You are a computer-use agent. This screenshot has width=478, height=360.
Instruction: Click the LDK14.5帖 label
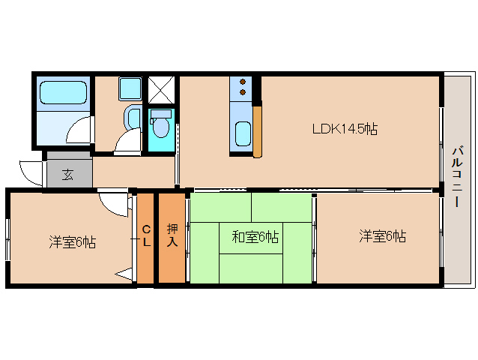[345, 128]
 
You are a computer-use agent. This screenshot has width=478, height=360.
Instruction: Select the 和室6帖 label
[255, 238]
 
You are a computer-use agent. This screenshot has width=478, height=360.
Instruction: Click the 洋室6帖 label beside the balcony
[382, 237]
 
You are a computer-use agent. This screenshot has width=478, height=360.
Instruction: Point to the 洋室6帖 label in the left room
[73, 242]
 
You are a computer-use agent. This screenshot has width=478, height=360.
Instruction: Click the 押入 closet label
[172, 236]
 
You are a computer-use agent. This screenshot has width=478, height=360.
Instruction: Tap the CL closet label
[147, 236]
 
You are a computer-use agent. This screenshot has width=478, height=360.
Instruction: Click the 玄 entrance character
[67, 175]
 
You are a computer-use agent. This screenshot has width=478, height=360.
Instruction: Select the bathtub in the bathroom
[63, 92]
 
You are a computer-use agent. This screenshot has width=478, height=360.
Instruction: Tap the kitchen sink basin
[243, 135]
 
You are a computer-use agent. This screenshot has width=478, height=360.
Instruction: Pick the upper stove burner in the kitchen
[243, 82]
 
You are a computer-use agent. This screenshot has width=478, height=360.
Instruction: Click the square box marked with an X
[160, 90]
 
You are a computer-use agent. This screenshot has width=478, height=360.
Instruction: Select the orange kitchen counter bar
[257, 131]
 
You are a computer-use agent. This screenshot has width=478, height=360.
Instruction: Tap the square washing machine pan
[130, 89]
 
